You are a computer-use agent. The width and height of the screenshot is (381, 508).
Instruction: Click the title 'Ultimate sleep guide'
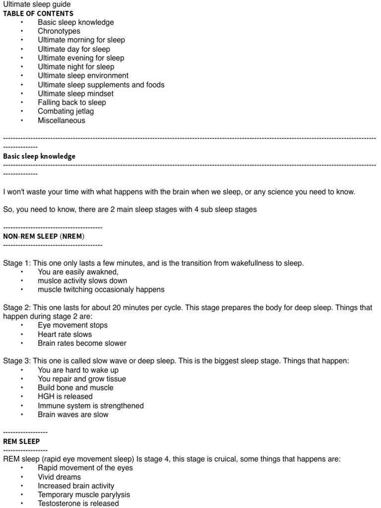click(37, 4)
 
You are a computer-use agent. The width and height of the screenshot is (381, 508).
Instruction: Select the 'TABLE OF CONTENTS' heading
click(38, 13)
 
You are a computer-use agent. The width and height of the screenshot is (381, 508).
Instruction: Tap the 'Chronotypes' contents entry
click(59, 31)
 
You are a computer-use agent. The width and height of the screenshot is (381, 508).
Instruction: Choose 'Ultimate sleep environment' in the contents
click(83, 76)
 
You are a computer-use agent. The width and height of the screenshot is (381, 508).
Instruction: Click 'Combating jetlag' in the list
click(65, 112)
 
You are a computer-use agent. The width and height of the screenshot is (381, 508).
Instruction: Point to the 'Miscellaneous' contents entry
click(62, 121)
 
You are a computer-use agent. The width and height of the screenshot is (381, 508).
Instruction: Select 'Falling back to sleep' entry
click(72, 103)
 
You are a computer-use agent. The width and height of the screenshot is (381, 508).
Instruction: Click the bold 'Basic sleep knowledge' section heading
click(39, 156)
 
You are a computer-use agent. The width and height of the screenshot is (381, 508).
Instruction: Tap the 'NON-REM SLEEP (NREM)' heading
click(44, 236)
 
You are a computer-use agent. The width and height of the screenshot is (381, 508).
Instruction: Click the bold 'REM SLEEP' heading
click(21, 441)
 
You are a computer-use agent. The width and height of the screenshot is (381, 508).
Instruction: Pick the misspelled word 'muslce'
click(49, 281)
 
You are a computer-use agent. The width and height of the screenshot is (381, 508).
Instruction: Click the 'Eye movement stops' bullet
click(72, 325)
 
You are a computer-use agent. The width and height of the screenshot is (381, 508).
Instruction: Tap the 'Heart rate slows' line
click(64, 334)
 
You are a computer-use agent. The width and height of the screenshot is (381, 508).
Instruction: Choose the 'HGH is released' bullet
click(65, 397)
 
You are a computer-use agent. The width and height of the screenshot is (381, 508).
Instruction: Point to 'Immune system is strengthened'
click(91, 406)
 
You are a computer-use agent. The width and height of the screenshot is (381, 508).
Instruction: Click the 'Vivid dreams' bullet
click(59, 477)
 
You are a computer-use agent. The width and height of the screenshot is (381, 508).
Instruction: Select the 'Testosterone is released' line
click(78, 504)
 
